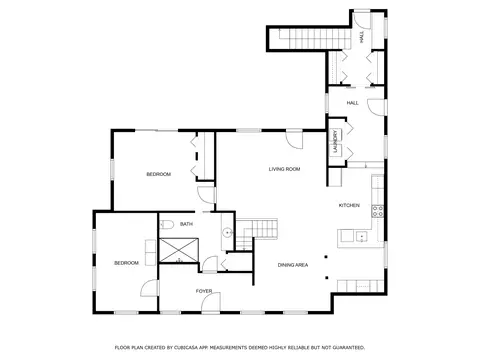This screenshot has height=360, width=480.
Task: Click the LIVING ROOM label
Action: point(284,169)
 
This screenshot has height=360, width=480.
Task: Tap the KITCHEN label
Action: point(349,205)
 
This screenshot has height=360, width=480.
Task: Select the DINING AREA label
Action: point(293,264)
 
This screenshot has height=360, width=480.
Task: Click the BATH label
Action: point(187,224)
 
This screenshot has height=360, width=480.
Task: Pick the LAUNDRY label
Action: point(335,141)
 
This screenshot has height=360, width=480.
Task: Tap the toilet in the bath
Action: point(169,223)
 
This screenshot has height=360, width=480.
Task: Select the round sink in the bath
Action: point(227,232)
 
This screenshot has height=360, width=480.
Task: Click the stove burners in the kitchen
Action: point(379,210)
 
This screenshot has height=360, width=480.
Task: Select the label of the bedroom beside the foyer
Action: point(126,262)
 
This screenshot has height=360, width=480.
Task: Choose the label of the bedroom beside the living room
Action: point(158,174)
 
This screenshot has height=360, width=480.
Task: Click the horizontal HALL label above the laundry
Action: point(352,102)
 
